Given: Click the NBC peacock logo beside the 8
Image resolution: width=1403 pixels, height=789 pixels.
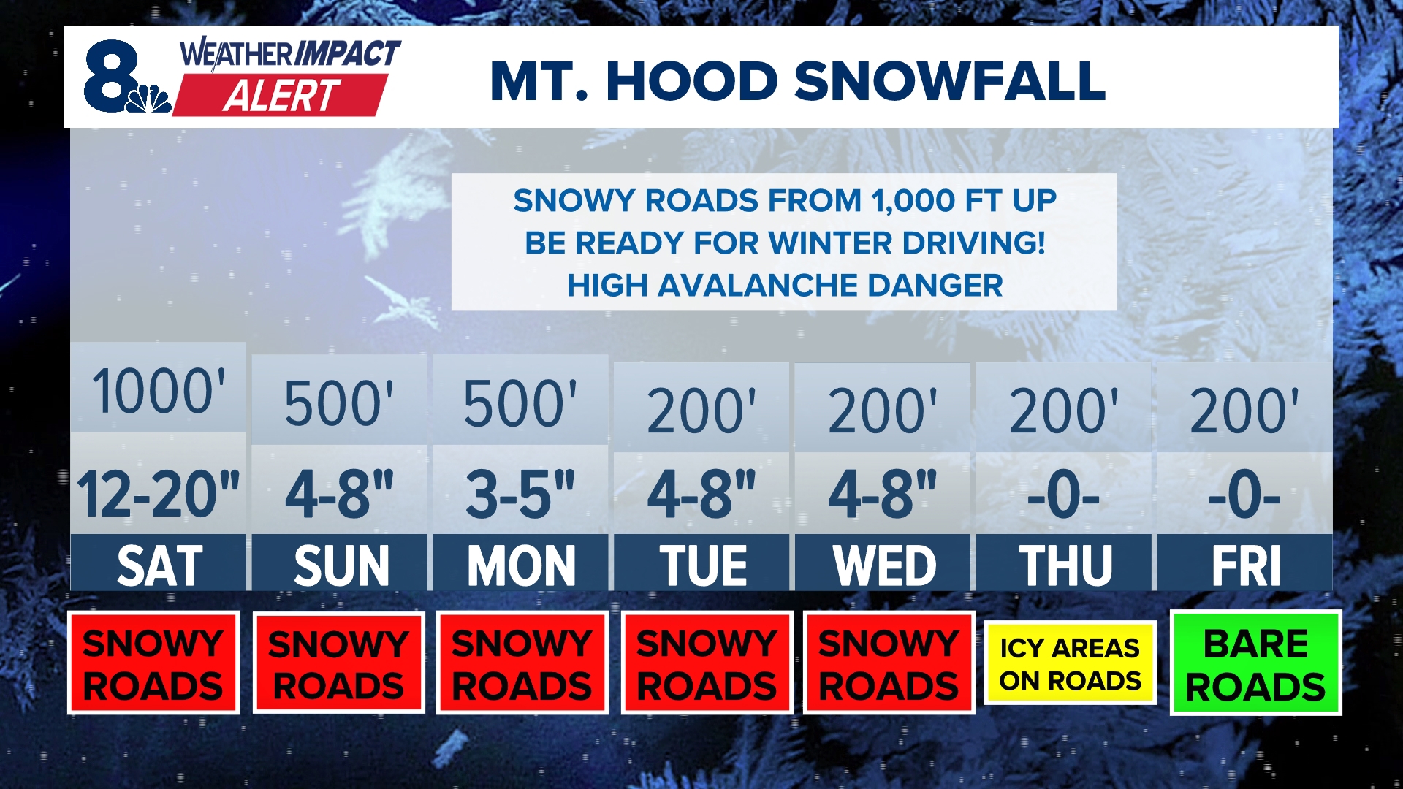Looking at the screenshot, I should click(148, 99).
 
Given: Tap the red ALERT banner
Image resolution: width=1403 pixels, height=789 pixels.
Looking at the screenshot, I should click(281, 95).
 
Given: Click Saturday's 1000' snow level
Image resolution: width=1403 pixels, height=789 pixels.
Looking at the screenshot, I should click(159, 392).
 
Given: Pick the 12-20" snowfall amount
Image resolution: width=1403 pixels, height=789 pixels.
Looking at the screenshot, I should click(159, 495).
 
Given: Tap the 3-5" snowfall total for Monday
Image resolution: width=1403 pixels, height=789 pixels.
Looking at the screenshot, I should click(520, 495).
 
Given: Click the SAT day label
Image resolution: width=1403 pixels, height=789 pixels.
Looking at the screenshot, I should click(159, 565).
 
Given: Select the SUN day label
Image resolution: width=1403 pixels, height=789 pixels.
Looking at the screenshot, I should click(340, 565).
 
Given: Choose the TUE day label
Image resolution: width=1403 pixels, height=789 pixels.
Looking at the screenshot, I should click(702, 565).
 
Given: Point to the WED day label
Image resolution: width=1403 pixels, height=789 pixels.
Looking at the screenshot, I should click(883, 565).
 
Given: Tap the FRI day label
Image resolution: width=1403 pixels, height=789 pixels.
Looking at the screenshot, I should click(1245, 565).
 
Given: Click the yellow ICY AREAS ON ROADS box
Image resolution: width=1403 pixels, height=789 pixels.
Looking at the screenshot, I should click(1070, 663).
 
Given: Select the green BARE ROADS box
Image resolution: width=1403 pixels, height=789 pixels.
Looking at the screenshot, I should click(1255, 663).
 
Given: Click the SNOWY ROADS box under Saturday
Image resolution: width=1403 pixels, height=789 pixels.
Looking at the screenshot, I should click(153, 663).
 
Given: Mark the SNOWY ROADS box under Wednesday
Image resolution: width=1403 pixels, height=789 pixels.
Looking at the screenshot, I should click(889, 663).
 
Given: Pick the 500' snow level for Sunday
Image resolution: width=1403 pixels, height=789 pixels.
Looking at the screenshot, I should click(338, 404).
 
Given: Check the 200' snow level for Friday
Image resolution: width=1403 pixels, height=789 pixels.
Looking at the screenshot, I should click(1244, 411).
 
